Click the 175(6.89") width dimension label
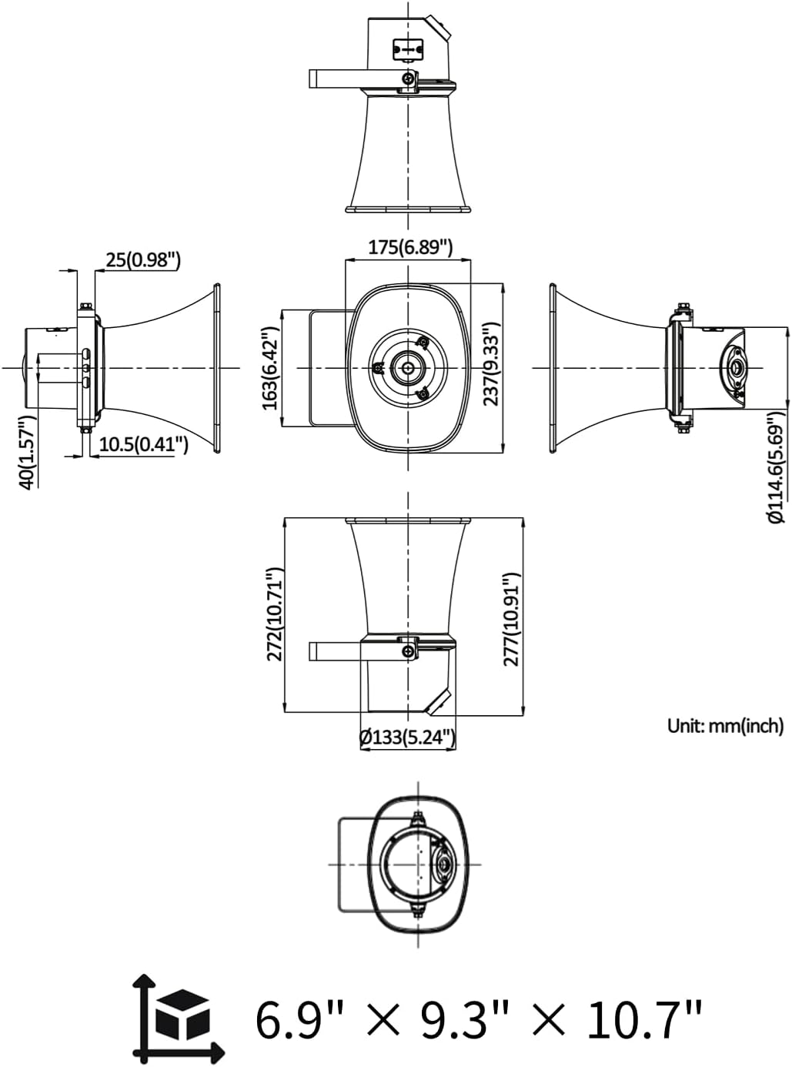(409, 247)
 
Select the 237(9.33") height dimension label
(491, 362)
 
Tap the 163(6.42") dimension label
(269, 368)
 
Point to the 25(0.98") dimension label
(143, 259)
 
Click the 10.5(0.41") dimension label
(143, 443)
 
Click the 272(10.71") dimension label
(275, 614)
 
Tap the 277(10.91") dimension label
(510, 619)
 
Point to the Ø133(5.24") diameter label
(407, 737)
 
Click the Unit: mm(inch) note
(725, 725)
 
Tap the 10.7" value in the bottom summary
(643, 1019)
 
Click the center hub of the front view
(407, 367)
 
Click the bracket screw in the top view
(408, 78)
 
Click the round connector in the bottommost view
(444, 865)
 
